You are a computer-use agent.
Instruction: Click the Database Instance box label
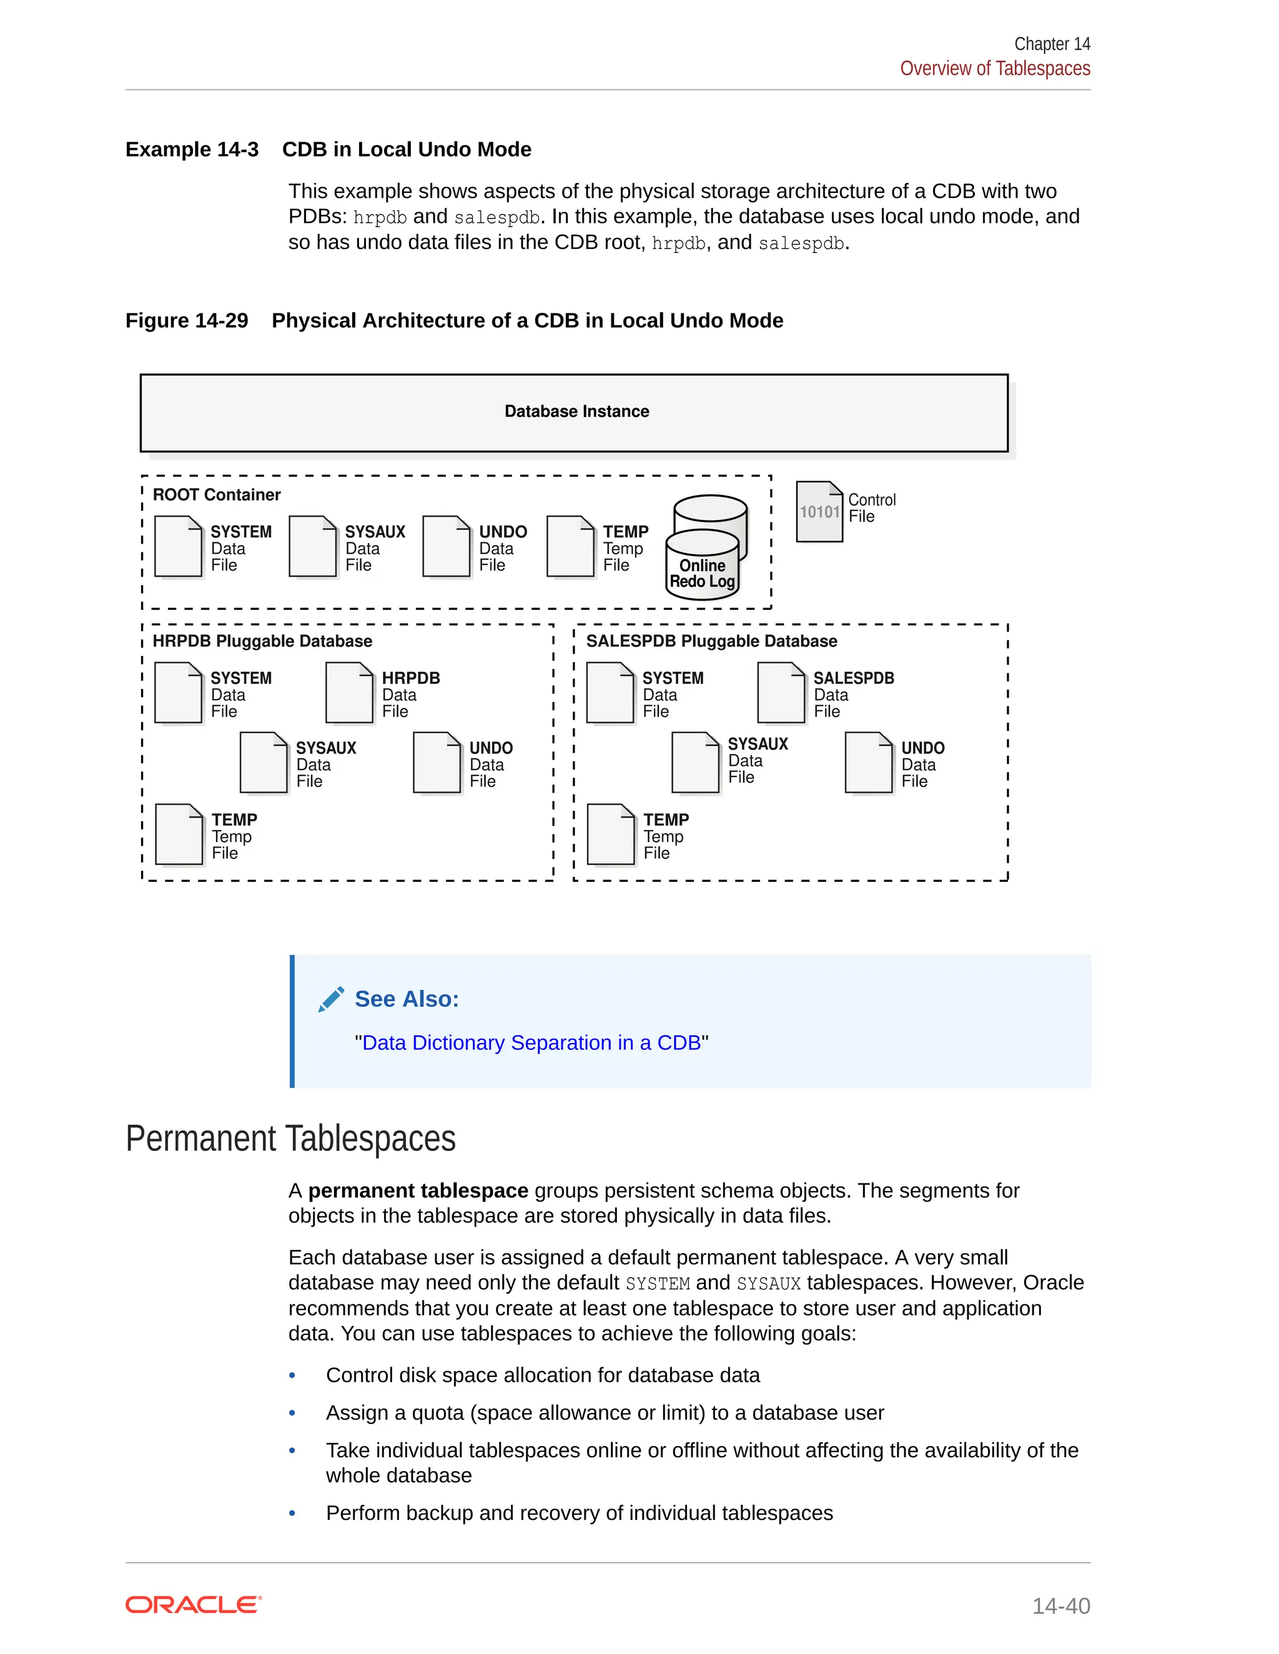pyautogui.click(x=576, y=411)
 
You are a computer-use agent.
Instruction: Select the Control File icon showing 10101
pyautogui.click(x=819, y=512)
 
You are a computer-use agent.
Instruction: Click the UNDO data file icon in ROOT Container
pyautogui.click(x=447, y=546)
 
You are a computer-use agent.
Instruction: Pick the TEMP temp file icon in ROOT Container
pyautogui.click(x=570, y=546)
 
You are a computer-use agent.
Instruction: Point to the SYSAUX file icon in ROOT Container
pyautogui.click(x=312, y=546)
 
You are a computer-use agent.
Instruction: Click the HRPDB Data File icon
pyautogui.click(x=349, y=692)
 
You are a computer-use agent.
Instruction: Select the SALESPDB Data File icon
pyautogui.click(x=781, y=692)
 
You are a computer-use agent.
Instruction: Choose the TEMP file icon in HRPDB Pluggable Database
pyautogui.click(x=179, y=834)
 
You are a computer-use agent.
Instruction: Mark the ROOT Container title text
pyautogui.click(x=217, y=494)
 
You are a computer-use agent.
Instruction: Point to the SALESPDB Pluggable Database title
pyautogui.click(x=711, y=641)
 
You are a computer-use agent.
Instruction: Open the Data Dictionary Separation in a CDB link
pyautogui.click(x=531, y=1043)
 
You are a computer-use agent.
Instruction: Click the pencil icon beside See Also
pyautogui.click(x=331, y=999)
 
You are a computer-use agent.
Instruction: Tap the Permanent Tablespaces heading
pyautogui.click(x=291, y=1138)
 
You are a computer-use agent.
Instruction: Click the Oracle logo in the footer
pyautogui.click(x=193, y=1605)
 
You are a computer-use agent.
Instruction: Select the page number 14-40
pyautogui.click(x=1061, y=1605)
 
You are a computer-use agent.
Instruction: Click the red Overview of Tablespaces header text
pyautogui.click(x=995, y=68)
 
